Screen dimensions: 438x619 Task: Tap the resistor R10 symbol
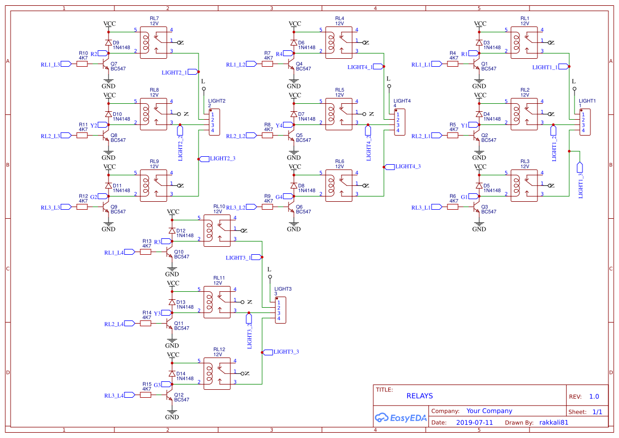click(82, 64)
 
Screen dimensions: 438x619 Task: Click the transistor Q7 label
click(114, 64)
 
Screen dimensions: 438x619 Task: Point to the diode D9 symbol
click(109, 42)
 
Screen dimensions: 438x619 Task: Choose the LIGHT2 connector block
click(214, 122)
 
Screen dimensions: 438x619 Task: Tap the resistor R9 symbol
click(267, 207)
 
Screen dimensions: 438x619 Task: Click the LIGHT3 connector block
click(281, 310)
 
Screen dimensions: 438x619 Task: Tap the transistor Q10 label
click(179, 252)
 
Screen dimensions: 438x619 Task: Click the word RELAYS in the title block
click(419, 396)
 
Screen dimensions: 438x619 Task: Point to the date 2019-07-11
click(474, 423)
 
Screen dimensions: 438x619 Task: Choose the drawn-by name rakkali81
click(554, 423)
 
